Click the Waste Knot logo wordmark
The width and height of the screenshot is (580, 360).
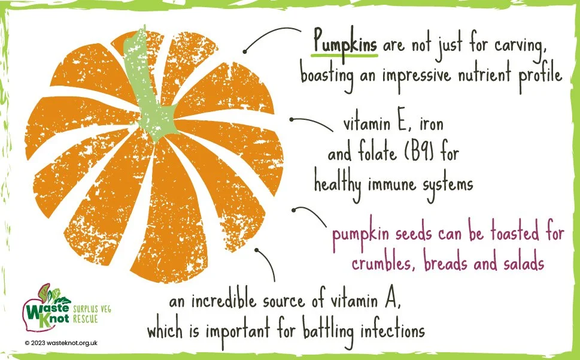[x=47, y=309]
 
